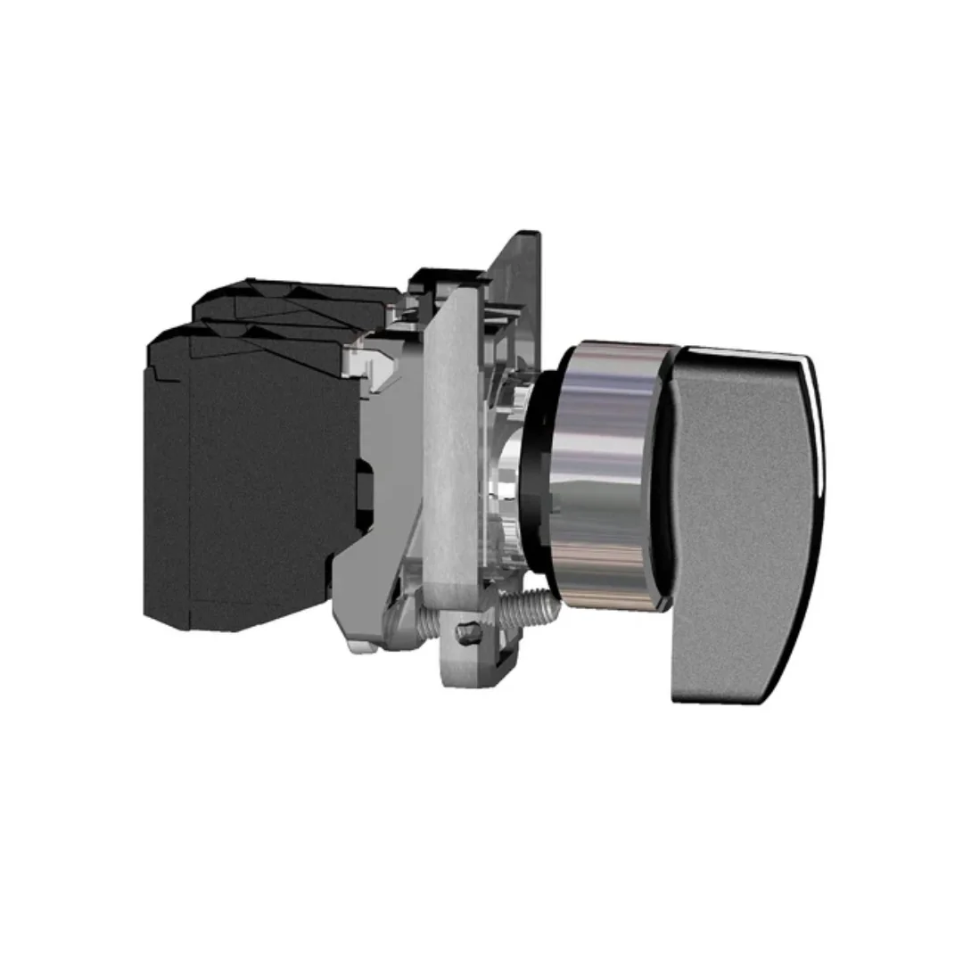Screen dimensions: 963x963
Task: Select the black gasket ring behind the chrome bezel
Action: [x=546, y=473]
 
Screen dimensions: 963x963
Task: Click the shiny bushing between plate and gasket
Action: [x=513, y=481]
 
